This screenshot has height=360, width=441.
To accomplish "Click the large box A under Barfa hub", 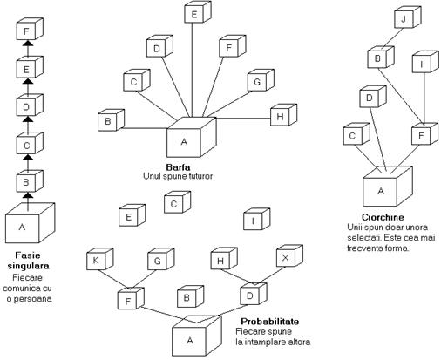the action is click(192, 137).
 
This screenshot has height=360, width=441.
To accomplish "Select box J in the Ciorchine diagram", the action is click(408, 17).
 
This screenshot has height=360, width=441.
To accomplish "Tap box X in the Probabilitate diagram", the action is click(289, 255).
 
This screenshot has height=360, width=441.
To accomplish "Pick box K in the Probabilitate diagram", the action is click(99, 259).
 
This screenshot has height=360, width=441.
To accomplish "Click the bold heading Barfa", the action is click(178, 167).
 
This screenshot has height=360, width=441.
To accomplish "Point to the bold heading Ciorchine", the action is click(383, 217).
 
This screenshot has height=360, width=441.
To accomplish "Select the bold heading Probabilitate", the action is click(270, 322).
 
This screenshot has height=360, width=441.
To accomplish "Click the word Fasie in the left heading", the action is click(28, 255).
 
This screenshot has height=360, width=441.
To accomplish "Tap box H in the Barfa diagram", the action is click(283, 115).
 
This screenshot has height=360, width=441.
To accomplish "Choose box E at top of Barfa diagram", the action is click(198, 12).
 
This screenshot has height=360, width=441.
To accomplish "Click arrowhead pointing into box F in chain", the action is click(28, 43).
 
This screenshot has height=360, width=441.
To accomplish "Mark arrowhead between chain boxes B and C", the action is click(28, 157).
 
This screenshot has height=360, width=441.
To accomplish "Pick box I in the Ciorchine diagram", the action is click(425, 62).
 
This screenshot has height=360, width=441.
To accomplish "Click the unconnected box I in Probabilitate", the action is click(256, 219).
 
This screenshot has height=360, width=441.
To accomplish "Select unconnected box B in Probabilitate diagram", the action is click(190, 296).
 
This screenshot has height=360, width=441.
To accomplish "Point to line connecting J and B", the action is click(392, 38).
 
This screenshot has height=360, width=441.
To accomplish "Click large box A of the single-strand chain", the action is click(31, 223).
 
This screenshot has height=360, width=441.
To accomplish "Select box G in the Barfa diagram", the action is click(261, 80).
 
